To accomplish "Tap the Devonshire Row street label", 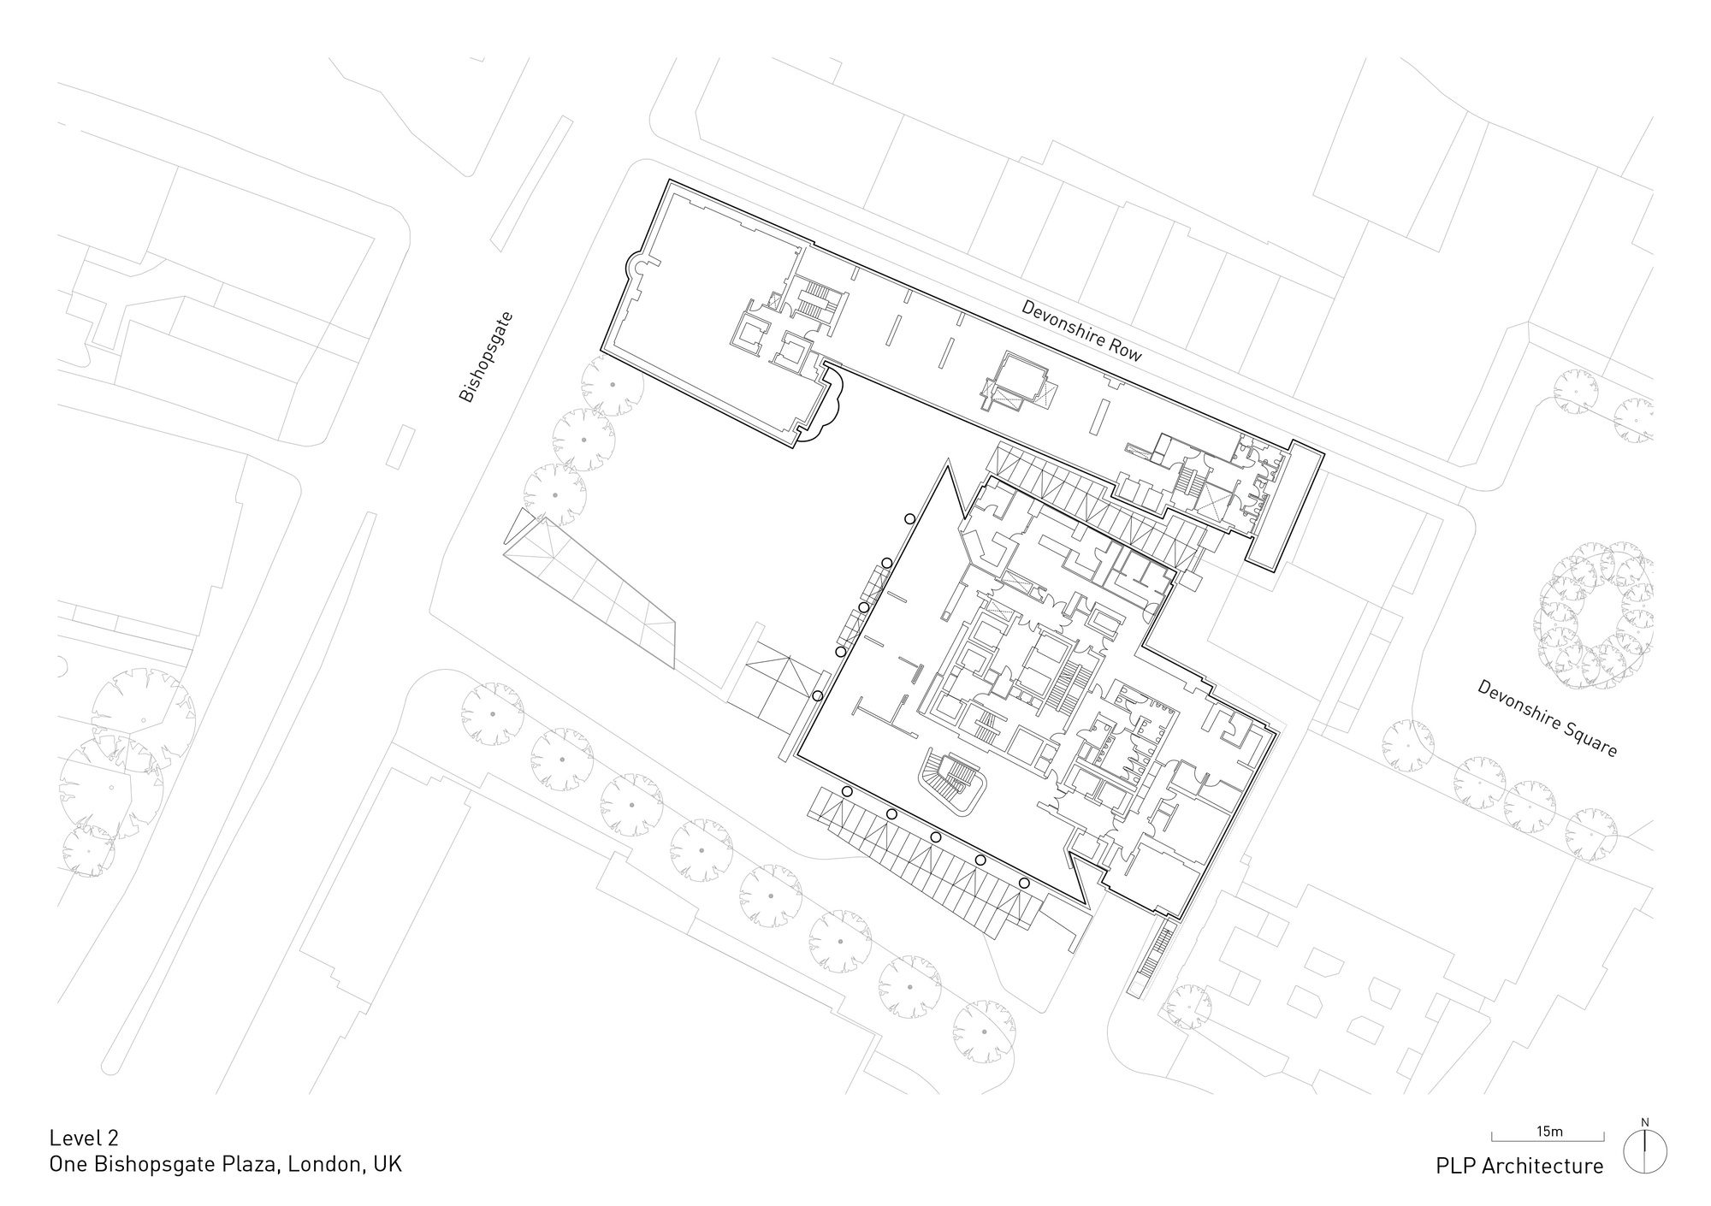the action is [1081, 331].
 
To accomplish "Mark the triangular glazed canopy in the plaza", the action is [590, 590].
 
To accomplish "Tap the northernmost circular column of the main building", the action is [910, 518].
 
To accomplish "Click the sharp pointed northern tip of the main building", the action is [947, 462].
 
